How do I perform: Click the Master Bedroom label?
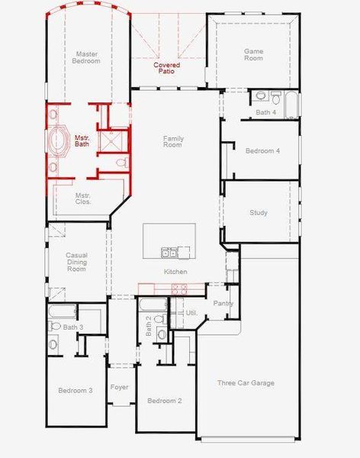click(x=85, y=58)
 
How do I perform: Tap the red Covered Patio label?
click(x=167, y=68)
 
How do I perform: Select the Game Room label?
click(x=253, y=54)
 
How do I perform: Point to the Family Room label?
click(x=173, y=142)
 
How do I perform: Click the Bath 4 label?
click(x=265, y=112)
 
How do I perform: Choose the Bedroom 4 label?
click(x=262, y=151)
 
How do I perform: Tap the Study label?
click(x=259, y=212)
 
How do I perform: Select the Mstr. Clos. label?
click(x=83, y=198)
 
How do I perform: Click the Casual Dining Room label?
click(x=77, y=262)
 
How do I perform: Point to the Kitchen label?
click(x=175, y=272)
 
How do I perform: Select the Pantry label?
click(x=223, y=303)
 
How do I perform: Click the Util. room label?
click(x=191, y=313)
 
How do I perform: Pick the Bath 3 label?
click(x=72, y=327)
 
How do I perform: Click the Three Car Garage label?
click(x=246, y=383)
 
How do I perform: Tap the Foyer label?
click(x=120, y=387)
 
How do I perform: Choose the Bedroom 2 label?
click(x=164, y=401)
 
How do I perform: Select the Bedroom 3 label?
click(x=76, y=390)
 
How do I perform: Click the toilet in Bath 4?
click(x=261, y=96)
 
